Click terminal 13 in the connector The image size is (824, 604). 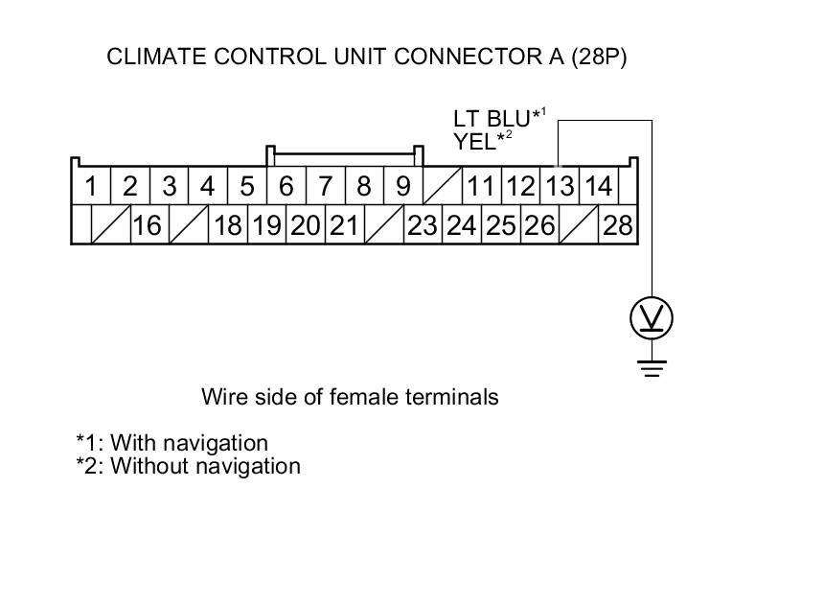coord(560,186)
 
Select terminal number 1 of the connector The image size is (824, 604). coord(91,186)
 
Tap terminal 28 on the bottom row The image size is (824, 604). coord(618,226)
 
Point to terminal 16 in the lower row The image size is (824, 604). coord(147,226)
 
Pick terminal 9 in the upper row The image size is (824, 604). coord(403,186)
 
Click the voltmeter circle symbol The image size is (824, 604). coord(652,317)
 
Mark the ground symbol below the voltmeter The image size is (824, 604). coord(652,365)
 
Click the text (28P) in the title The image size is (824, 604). coord(599,58)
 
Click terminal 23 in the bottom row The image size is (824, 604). coord(422,226)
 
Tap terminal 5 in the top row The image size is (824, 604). coord(247,186)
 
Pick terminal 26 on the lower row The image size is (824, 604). coord(539,226)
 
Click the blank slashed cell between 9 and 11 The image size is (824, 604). coord(442,186)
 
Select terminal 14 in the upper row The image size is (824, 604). coord(598,186)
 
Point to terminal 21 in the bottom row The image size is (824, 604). coord(343,226)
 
